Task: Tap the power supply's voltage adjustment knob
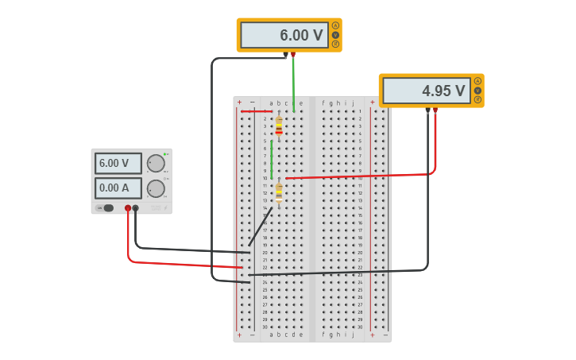[156, 164]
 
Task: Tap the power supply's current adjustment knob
[156, 188]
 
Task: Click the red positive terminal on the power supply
[127, 208]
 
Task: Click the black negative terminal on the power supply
[136, 208]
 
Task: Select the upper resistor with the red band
[279, 126]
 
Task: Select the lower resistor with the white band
[279, 192]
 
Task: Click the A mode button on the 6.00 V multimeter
[335, 25]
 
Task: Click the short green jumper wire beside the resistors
[272, 159]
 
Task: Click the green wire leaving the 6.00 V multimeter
[293, 83]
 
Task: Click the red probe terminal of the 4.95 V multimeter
[435, 110]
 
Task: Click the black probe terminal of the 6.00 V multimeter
[285, 55]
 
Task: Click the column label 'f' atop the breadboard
[323, 103]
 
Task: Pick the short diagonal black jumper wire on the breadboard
[261, 226]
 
